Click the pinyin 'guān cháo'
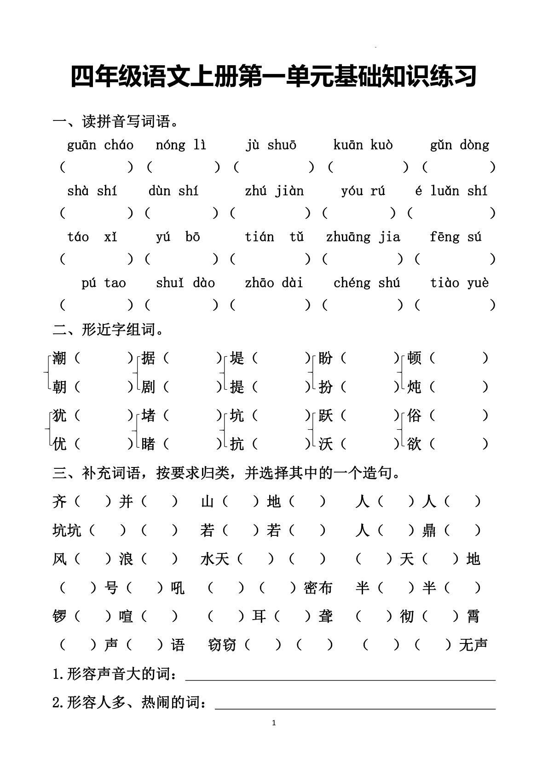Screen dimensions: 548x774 [x=100, y=145]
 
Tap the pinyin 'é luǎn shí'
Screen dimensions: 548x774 [x=451, y=191]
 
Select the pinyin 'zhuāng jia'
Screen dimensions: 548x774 [x=363, y=237]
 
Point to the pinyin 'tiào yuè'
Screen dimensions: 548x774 [x=459, y=283]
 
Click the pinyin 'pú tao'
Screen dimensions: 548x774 [x=104, y=283]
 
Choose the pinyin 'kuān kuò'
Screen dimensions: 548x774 [x=363, y=145]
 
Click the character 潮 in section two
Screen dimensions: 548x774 [x=60, y=358]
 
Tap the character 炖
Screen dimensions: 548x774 [x=415, y=387]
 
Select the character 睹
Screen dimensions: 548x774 [x=148, y=444]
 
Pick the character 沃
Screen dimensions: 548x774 [x=326, y=444]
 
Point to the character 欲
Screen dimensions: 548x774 [x=415, y=444]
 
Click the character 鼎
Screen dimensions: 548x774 [x=429, y=530]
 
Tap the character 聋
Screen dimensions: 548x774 [x=326, y=616]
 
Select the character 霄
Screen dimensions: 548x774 [x=473, y=616]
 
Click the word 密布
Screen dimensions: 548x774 [x=318, y=588]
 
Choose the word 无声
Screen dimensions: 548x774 [x=473, y=645]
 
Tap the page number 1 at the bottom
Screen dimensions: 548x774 [x=274, y=723]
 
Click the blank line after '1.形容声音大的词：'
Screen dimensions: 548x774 [x=340, y=676]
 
